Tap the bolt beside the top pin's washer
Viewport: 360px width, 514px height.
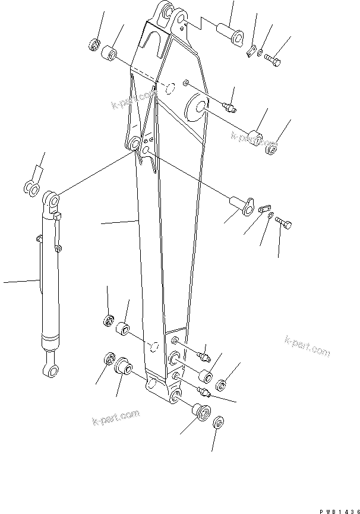[x=274, y=59]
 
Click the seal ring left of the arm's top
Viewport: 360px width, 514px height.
[x=94, y=44]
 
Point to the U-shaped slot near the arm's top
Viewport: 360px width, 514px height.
[x=155, y=42]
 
